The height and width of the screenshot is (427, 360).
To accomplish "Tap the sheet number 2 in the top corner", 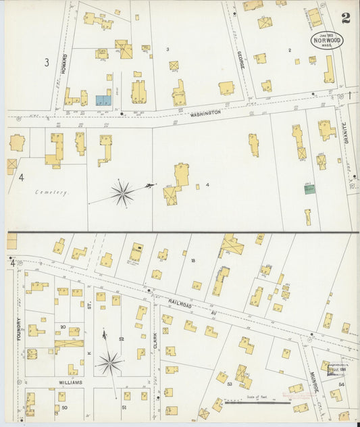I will coord(346,18).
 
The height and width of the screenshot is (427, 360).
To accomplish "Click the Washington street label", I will coord(205,113).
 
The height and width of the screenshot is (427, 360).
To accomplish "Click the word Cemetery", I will coord(52,193).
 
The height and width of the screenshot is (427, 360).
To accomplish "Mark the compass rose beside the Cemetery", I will coord(122,193).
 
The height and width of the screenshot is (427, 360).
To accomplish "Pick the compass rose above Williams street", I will coord(109,363).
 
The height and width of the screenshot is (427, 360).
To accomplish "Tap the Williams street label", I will coord(70,382).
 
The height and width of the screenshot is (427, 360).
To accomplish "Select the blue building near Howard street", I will coord(103,100).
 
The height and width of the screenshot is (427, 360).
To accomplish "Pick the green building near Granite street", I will coord(309,189).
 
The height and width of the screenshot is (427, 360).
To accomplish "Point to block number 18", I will coord(192,261).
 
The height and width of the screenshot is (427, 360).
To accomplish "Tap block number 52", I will coord(122,338).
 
